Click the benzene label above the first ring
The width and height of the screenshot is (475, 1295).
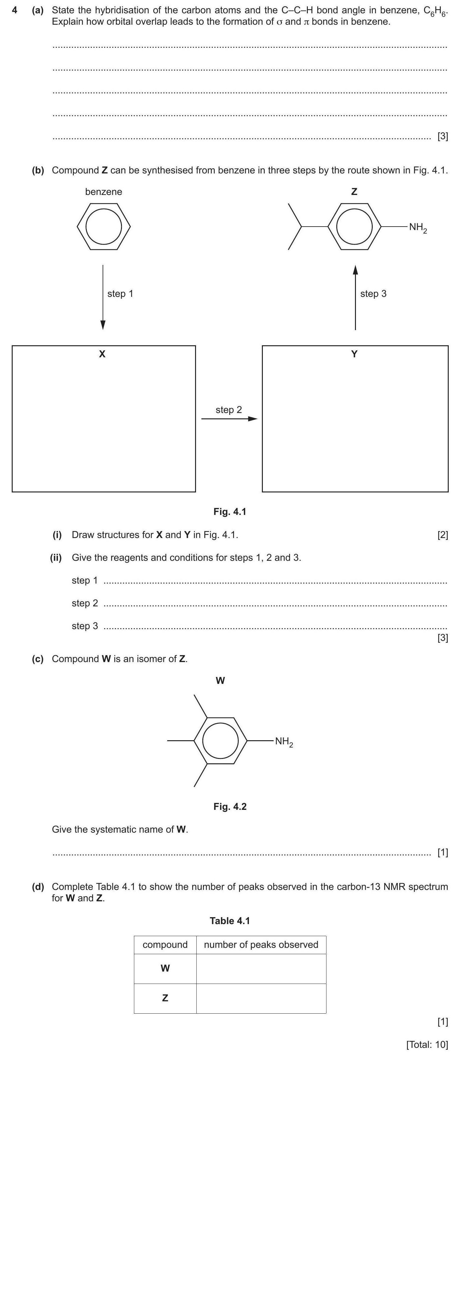click(x=103, y=191)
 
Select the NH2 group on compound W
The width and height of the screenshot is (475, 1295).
click(x=284, y=742)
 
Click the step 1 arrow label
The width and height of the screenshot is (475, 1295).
click(x=120, y=294)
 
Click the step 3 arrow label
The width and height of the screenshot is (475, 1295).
click(x=373, y=294)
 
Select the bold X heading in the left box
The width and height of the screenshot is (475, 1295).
click(x=102, y=354)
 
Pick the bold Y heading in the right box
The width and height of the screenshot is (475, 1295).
click(x=354, y=354)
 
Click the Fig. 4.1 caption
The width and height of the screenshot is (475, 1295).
click(x=230, y=512)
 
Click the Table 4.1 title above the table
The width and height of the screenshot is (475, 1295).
click(x=230, y=921)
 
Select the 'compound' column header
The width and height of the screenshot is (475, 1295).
click(x=165, y=945)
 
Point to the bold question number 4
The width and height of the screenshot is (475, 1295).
click(x=15, y=10)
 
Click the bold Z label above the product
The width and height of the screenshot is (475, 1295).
click(x=354, y=191)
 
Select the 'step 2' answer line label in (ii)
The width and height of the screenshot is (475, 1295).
click(x=85, y=603)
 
